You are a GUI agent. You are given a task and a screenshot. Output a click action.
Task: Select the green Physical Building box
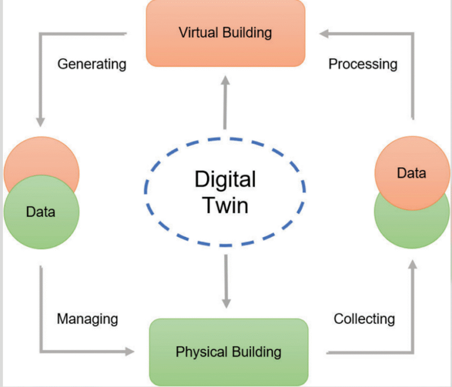tap(228, 352)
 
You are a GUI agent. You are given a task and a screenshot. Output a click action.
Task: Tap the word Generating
tap(92, 63)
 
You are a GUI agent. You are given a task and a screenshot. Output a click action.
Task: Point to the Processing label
tap(363, 63)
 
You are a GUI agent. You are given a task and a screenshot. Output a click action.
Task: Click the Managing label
tap(88, 319)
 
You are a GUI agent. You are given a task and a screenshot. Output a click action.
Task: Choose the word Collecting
tap(364, 319)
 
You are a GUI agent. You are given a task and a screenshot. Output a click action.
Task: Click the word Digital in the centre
tap(225, 180)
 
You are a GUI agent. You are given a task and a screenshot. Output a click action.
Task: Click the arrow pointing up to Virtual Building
tap(225, 105)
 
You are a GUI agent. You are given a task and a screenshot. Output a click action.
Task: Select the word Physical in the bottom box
tap(198, 352)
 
